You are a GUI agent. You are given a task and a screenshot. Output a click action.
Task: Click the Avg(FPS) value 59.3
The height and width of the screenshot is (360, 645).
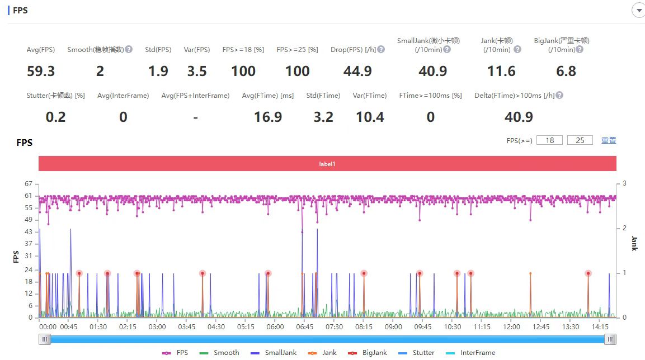pyautogui.click(x=41, y=71)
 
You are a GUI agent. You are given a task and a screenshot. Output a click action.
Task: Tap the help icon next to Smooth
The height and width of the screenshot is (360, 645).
pyautogui.click(x=129, y=49)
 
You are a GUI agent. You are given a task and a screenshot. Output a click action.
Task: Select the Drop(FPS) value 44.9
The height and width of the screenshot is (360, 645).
pyautogui.click(x=357, y=71)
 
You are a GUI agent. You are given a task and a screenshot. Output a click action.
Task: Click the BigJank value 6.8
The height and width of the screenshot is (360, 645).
pyautogui.click(x=566, y=71)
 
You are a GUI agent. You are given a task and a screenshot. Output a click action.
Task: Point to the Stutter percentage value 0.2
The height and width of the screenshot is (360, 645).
pyautogui.click(x=55, y=117)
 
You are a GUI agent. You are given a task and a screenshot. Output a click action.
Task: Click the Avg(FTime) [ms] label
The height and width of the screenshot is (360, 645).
pyautogui.click(x=268, y=96)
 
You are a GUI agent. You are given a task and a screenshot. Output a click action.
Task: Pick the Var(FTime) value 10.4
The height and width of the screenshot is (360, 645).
pyautogui.click(x=370, y=117)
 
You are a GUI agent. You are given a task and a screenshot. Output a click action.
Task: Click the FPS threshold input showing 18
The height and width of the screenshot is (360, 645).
pyautogui.click(x=549, y=140)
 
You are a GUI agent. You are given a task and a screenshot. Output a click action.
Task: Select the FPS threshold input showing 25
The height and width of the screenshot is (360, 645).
pyautogui.click(x=580, y=140)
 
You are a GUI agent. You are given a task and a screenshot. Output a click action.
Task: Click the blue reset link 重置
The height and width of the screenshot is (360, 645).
pyautogui.click(x=609, y=140)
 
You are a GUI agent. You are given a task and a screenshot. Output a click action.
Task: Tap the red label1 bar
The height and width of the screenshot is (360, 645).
pyautogui.click(x=327, y=164)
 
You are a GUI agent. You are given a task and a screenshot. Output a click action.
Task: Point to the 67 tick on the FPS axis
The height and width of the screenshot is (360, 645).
pyautogui.click(x=29, y=184)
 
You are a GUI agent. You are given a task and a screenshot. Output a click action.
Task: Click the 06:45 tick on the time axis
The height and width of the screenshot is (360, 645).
pyautogui.click(x=304, y=326)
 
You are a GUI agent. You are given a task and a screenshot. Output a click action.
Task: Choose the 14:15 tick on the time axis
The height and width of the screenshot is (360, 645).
pyautogui.click(x=600, y=326)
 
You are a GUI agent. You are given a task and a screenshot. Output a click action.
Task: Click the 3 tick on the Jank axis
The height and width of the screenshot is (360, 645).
pyautogui.click(x=624, y=183)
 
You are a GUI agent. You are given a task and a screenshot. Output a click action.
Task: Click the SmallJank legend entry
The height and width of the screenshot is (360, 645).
pyautogui.click(x=274, y=353)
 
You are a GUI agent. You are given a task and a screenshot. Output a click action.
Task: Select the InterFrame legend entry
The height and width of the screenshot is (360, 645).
pyautogui.click(x=470, y=353)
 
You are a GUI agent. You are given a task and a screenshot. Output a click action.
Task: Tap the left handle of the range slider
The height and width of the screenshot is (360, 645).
pyautogui.click(x=44, y=339)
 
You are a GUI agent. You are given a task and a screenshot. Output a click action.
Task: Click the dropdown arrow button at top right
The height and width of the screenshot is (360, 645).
pyautogui.click(x=639, y=10)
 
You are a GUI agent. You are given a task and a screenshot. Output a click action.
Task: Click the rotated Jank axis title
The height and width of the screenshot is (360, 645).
pyautogui.click(x=634, y=243)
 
